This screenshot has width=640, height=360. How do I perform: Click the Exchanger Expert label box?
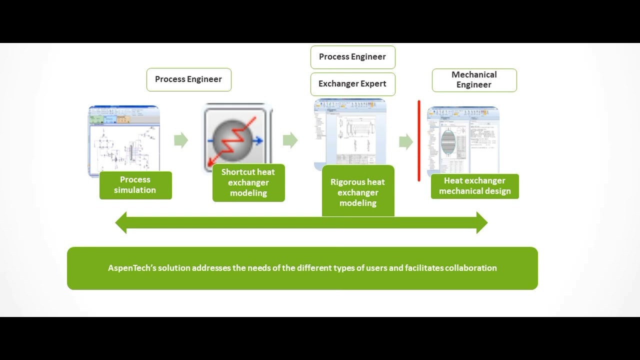click(x=352, y=84)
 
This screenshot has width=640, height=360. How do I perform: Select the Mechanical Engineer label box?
click(x=474, y=80)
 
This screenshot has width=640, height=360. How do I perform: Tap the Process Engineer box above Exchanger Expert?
click(x=352, y=57)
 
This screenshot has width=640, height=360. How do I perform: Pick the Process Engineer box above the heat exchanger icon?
click(x=188, y=79)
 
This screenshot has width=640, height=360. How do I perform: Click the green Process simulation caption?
click(x=135, y=185)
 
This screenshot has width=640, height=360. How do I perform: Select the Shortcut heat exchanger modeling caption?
click(x=248, y=182)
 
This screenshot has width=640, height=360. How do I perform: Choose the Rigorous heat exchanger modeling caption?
click(x=358, y=192)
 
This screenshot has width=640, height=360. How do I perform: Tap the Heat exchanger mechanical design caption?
click(x=474, y=186)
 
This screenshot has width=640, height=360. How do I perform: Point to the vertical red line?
click(x=419, y=140)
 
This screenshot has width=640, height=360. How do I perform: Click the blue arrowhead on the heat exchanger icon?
click(x=258, y=141)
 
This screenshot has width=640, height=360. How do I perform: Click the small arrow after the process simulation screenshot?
click(x=181, y=140)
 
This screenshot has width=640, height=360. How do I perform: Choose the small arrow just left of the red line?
click(x=405, y=142)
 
